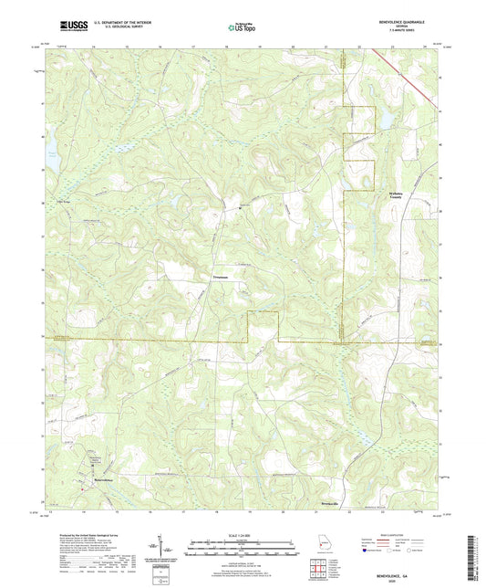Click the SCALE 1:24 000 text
(x=243, y=534)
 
